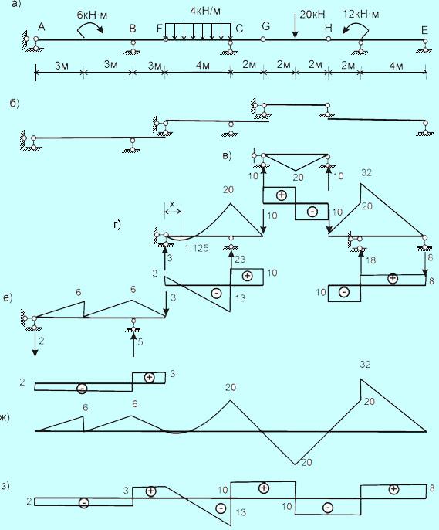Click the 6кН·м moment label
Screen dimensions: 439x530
pos(92,15)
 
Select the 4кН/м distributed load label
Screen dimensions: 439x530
pos(205,11)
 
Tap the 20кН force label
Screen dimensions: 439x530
pos(312,14)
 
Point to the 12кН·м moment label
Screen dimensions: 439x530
pos(361,14)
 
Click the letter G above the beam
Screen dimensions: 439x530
pos(266,26)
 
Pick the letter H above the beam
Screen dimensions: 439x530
pos(329,28)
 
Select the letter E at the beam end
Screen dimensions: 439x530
pos(424,30)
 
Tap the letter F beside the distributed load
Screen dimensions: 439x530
pos(160,29)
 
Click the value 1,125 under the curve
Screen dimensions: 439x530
pos(197,249)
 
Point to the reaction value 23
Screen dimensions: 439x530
pos(239,260)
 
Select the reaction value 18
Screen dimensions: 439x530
pos(370,260)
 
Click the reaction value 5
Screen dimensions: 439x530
pos(140,342)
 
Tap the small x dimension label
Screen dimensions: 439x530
pos(172,204)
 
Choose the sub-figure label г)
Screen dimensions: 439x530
pos(117,224)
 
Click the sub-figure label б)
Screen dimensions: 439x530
pos(14,103)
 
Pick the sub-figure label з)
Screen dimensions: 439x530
pos(5,487)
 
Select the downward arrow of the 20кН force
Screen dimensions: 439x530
pos(295,26)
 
